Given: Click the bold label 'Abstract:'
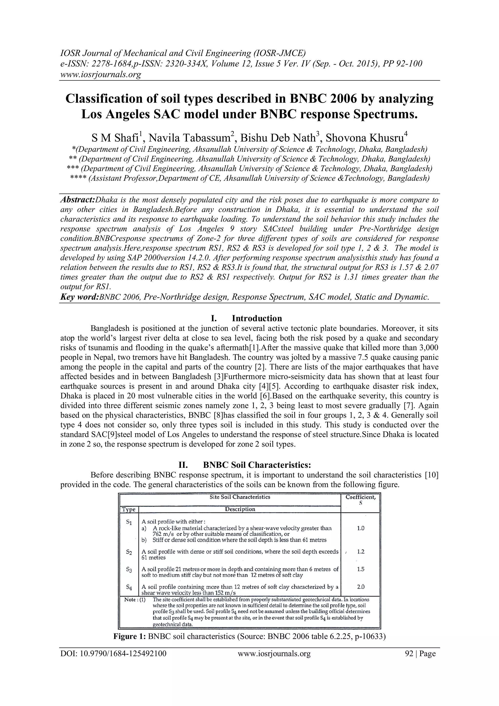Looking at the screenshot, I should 77,200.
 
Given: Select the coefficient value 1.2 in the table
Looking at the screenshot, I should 361,552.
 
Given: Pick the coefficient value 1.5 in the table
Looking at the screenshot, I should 361,569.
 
